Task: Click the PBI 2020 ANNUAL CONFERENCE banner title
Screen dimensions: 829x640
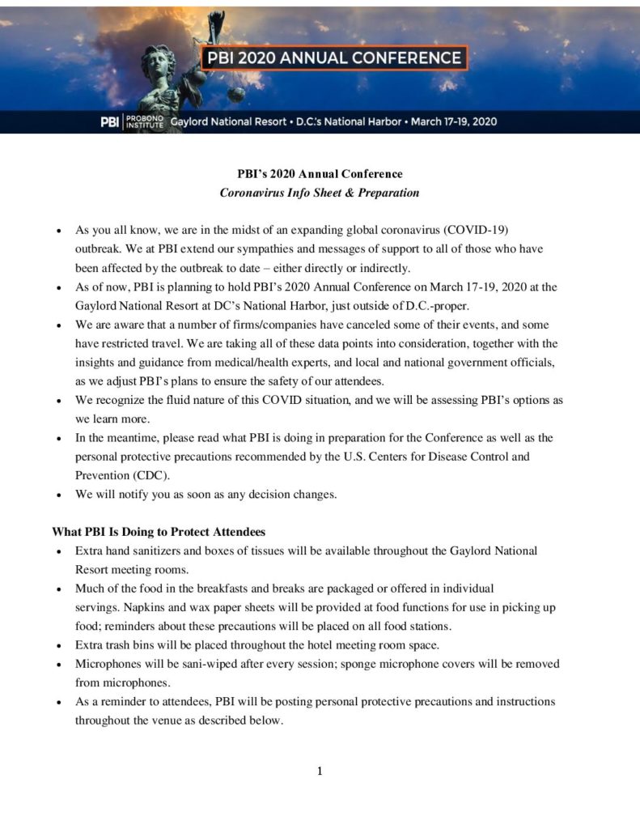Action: coord(333,58)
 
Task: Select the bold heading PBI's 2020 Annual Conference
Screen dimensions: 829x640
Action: coord(320,174)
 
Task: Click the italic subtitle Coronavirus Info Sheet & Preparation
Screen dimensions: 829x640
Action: coord(320,193)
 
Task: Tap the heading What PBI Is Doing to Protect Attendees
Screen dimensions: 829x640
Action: coord(159,532)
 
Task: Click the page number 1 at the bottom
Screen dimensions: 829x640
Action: coord(320,771)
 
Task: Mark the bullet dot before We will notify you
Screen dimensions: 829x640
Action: coord(59,495)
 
